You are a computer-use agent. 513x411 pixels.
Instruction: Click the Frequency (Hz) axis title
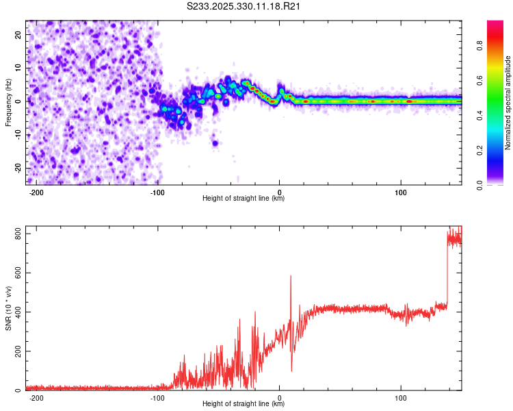point(8,102)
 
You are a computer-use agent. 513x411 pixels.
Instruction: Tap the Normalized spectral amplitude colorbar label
point(508,102)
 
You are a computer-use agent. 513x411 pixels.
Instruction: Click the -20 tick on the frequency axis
point(17,168)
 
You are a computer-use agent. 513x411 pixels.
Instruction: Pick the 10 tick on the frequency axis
point(18,68)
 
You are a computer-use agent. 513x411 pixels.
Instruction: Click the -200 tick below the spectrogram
point(37,192)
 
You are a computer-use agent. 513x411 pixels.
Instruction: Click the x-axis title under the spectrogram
point(244,199)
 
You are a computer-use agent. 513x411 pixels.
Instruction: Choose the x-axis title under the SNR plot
point(244,403)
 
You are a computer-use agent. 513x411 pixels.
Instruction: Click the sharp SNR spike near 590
point(291,277)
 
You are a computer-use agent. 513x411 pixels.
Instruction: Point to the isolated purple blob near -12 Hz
point(215,143)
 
